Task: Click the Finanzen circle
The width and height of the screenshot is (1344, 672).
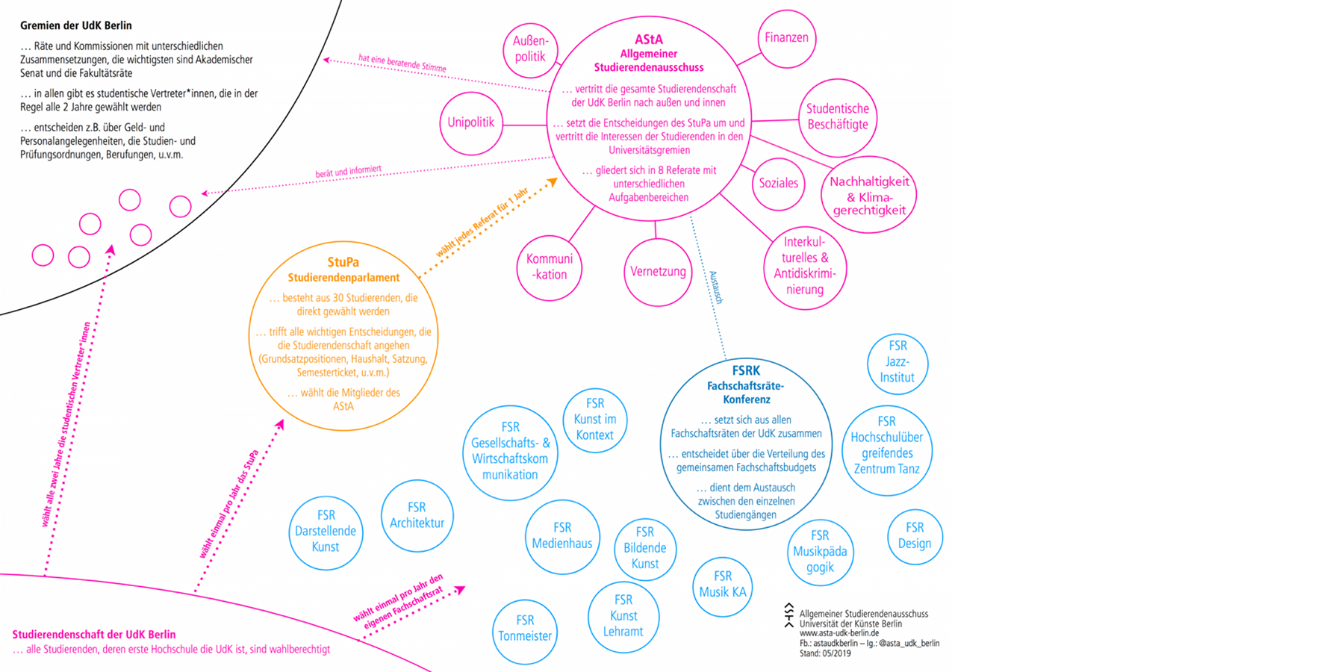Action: point(786,38)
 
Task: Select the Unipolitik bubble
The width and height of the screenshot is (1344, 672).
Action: point(471,123)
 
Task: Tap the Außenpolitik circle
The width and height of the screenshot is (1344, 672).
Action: point(530,49)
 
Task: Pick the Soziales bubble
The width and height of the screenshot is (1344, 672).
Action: point(778,184)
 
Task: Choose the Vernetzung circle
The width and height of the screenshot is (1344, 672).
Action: point(658,272)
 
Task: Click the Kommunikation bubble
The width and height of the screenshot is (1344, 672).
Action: point(550,267)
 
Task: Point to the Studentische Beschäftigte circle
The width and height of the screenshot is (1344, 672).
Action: point(837,117)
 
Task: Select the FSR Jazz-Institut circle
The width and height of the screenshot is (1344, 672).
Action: point(897,362)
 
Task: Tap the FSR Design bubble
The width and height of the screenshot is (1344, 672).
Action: point(915,536)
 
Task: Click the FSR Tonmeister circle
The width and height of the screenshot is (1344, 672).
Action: point(525,629)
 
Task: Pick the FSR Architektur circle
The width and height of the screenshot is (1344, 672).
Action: point(417,516)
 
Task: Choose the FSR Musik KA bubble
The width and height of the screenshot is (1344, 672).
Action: point(722,585)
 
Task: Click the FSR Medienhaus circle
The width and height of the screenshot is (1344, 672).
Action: point(561,536)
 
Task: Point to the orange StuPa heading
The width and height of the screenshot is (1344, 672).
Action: point(343,262)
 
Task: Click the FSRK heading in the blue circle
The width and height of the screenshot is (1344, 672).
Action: point(746,370)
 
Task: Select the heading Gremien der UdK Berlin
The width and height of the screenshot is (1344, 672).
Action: point(76,25)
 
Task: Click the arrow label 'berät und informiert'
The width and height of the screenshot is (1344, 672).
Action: point(348,172)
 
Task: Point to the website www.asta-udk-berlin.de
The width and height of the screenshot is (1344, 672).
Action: point(839,633)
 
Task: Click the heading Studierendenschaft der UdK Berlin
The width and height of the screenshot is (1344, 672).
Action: point(94,635)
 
